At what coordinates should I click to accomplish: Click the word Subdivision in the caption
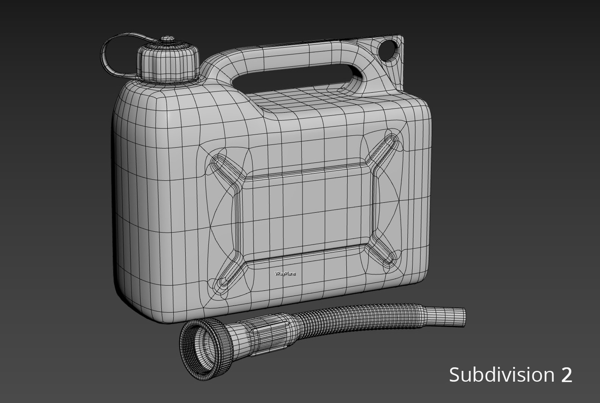point(501,374)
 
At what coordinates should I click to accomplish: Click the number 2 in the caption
point(566,375)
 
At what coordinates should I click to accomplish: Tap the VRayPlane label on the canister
point(285,274)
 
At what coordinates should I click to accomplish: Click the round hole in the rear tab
point(389,49)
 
